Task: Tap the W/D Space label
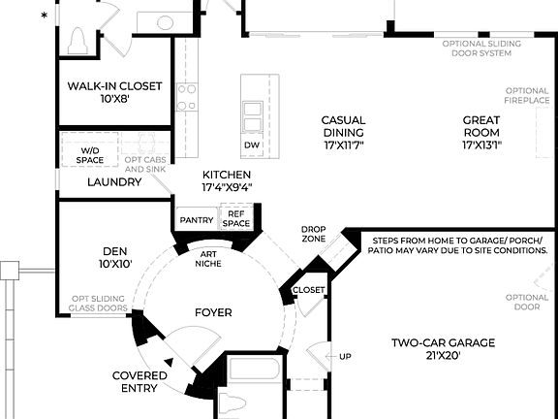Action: coord(90,156)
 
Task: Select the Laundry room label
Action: coord(114,181)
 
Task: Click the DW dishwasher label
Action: coord(252,145)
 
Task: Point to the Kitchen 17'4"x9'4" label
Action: coord(232,180)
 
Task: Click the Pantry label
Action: coord(197,220)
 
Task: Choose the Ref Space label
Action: coord(236,219)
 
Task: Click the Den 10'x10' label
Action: coord(115,256)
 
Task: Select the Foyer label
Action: coord(212,312)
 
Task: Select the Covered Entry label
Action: coord(140,381)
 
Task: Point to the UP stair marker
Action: coord(346,356)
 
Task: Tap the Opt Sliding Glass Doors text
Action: coord(99,304)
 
